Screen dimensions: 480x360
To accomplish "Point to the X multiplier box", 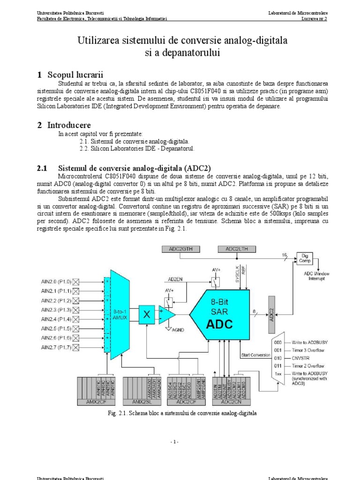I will coord(147,315).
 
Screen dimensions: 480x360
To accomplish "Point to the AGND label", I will coord(178,330).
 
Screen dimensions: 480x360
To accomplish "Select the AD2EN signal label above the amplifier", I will coord(176,279).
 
